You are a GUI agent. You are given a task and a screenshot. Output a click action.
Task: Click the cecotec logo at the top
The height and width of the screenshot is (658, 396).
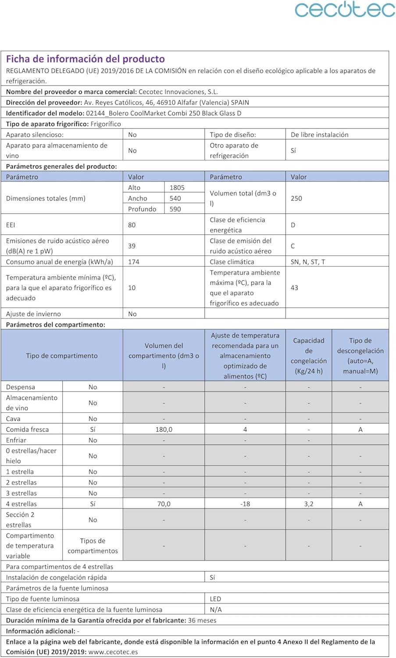coord(345,10)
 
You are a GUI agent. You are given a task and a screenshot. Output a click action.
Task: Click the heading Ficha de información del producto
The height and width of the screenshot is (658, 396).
coord(86,59)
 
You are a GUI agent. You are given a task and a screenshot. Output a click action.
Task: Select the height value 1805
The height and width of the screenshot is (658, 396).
coord(177,188)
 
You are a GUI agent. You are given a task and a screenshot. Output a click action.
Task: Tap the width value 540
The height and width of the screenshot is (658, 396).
coord(175,198)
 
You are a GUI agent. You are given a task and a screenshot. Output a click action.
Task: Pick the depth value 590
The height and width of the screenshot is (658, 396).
coord(175,209)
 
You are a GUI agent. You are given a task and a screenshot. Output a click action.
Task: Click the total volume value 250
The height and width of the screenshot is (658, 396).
coord(296,198)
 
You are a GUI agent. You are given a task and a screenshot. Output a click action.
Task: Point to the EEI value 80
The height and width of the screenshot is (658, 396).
coord(132,225)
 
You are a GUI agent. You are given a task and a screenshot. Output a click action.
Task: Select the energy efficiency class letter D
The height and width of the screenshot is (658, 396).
coord(293,225)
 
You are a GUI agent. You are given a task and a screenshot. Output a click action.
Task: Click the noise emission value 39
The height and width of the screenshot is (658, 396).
coord(132,246)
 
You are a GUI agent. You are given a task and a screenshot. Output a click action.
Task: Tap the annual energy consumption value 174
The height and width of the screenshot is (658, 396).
coord(134,262)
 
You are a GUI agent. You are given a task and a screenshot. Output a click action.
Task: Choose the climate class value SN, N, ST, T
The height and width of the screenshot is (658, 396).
coord(308,262)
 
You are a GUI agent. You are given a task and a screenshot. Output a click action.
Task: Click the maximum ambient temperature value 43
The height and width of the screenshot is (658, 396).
coord(294,288)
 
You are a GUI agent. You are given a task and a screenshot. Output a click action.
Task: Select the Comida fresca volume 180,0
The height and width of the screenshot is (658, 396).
coord(164,429)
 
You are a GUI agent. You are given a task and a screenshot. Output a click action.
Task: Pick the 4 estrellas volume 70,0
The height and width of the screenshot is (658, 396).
coord(164,504)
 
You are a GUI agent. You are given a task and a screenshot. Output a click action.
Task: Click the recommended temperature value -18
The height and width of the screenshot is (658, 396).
coord(245,504)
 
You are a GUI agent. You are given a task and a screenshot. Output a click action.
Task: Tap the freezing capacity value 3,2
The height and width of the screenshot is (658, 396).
coord(309,504)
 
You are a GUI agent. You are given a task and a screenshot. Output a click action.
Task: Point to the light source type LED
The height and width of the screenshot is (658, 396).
coord(215,599)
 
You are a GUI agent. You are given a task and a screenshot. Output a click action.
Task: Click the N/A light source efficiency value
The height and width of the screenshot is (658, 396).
coord(216,610)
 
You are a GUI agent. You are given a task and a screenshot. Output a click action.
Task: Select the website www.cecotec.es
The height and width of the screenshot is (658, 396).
coord(113,652)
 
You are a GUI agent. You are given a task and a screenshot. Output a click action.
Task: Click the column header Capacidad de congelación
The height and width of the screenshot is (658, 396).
coord(309,355)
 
